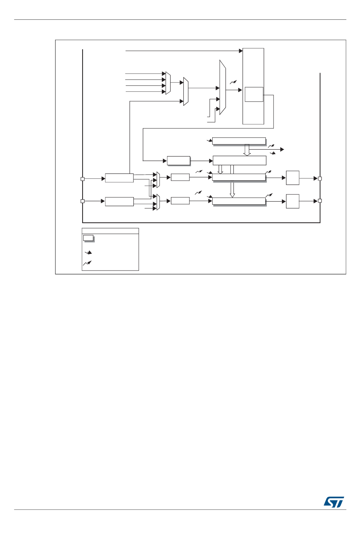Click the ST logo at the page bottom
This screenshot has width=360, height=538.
(334, 502)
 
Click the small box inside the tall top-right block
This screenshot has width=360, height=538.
(254, 94)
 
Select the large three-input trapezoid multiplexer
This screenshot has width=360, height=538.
(222, 87)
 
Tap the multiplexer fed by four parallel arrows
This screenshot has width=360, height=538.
(168, 83)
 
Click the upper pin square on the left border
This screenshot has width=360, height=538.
(83, 179)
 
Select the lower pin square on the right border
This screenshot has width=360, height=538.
(320, 201)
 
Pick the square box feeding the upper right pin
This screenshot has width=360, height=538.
(293, 178)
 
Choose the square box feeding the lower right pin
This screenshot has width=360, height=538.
(293, 201)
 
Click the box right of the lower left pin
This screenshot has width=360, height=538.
(119, 202)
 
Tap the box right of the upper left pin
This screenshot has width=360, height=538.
(119, 178)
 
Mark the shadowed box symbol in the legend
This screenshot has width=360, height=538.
(88, 238)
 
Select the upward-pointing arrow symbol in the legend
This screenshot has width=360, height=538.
(88, 263)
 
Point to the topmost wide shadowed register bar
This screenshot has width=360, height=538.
(239, 141)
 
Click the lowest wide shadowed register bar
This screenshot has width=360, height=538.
(239, 201)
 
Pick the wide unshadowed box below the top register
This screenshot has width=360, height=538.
(239, 160)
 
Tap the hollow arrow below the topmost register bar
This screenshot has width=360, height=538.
(247, 150)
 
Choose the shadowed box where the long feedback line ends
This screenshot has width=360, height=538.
(178, 161)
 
